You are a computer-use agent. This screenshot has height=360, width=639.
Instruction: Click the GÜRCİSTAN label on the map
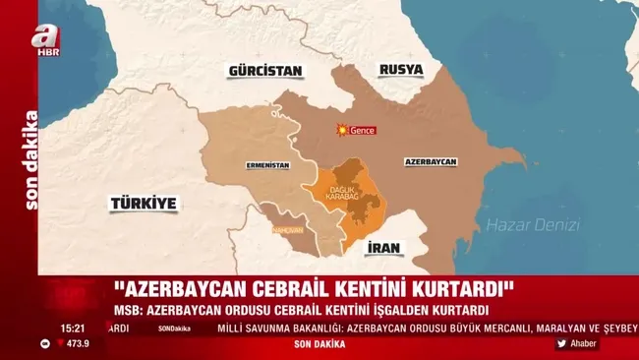(264, 72)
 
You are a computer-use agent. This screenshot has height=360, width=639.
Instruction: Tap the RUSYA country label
(401, 70)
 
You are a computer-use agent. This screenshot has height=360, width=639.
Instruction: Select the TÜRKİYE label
(144, 204)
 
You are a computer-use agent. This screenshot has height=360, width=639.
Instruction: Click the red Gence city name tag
(364, 131)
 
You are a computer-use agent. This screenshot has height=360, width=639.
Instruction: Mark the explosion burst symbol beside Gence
(342, 130)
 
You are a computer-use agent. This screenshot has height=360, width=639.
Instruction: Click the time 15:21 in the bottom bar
(72, 329)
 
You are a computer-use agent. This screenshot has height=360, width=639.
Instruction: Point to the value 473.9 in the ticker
(77, 343)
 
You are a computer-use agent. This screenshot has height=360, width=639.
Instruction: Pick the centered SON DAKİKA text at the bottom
(321, 343)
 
